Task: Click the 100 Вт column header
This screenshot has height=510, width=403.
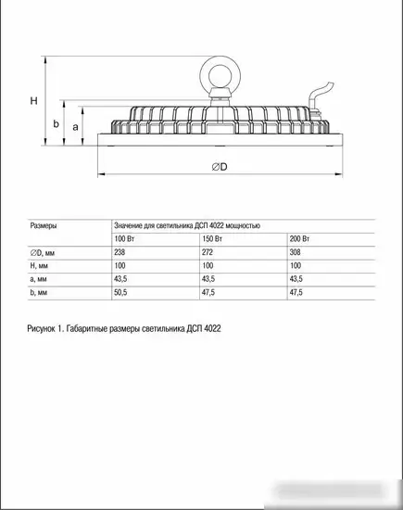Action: [x=124, y=238]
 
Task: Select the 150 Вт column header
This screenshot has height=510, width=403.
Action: [x=212, y=238]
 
